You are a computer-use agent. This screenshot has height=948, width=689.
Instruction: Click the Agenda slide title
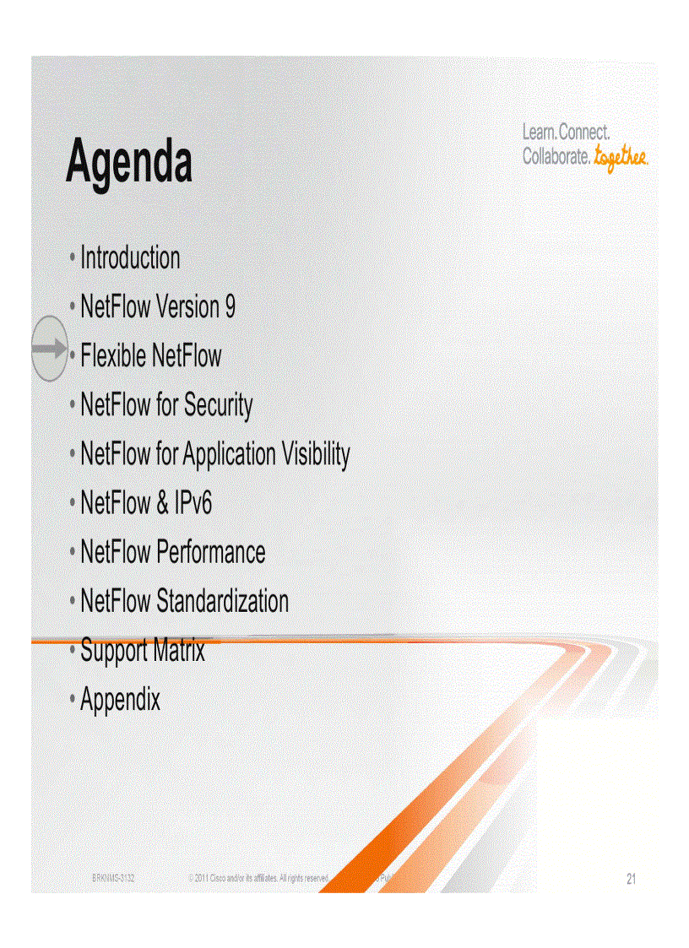pyautogui.click(x=129, y=162)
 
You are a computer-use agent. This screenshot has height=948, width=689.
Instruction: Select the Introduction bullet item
pyautogui.click(x=130, y=258)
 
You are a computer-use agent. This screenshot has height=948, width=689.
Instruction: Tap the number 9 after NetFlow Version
pyautogui.click(x=230, y=307)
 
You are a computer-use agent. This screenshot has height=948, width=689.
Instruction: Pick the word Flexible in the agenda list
pyautogui.click(x=114, y=356)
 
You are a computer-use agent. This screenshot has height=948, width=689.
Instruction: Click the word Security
pyautogui.click(x=218, y=405)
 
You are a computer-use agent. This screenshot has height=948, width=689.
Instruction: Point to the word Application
pyautogui.click(x=229, y=455)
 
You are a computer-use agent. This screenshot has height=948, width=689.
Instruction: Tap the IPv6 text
pyautogui.click(x=193, y=503)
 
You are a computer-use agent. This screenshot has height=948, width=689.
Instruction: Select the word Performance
pyautogui.click(x=211, y=553)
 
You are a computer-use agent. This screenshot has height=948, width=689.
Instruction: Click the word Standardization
pyautogui.click(x=223, y=602)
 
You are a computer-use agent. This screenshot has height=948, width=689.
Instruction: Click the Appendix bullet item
pyautogui.click(x=120, y=700)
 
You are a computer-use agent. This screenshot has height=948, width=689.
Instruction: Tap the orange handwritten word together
pyautogui.click(x=621, y=157)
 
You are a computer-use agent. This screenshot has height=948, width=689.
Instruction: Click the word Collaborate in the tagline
pyautogui.click(x=556, y=157)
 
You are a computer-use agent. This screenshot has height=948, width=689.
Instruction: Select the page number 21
pyautogui.click(x=631, y=880)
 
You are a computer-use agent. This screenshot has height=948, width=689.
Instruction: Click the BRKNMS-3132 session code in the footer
pyautogui.click(x=113, y=879)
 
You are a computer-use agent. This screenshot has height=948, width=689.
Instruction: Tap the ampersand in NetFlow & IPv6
pyautogui.click(x=163, y=504)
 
